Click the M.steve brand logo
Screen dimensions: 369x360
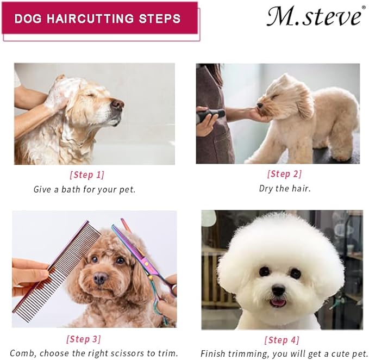(314, 16)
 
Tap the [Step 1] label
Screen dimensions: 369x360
(87, 175)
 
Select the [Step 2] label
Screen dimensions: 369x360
(284, 174)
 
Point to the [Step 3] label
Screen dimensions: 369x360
(84, 339)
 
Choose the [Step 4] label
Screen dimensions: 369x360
(282, 340)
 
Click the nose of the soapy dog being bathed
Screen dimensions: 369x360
(118, 104)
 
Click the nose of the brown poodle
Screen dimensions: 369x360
(100, 278)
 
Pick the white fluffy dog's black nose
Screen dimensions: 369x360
(278, 289)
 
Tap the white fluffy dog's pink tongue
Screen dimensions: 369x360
(278, 303)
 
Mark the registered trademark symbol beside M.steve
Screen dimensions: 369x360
(364, 8)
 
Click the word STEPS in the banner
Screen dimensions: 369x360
(160, 18)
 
